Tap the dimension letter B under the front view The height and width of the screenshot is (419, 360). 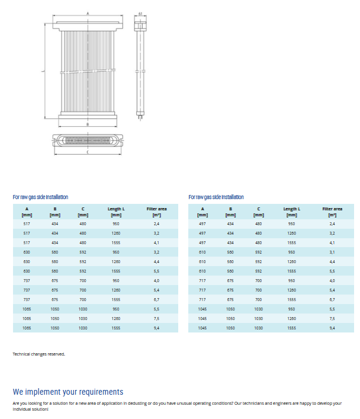pos(88,125)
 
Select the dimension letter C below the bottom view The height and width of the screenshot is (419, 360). pos(88,153)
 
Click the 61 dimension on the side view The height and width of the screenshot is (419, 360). pos(140,12)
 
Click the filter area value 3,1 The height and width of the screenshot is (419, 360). pos(332,252)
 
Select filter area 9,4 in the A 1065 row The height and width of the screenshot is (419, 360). pos(156,328)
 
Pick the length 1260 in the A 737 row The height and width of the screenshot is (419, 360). pos(116,290)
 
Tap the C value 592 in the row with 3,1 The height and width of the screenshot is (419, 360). pos(258,252)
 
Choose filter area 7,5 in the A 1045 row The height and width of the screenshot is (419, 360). pos(332,318)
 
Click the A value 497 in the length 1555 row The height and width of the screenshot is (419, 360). pos(202,242)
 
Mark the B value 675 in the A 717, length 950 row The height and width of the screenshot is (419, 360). pos(230,280)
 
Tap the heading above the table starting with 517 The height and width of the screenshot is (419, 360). pos(40,197)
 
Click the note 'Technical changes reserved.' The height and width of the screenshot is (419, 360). pos(39,354)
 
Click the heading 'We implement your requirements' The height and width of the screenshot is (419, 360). pos(68,392)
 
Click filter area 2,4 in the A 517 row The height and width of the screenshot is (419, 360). pos(156,223)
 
